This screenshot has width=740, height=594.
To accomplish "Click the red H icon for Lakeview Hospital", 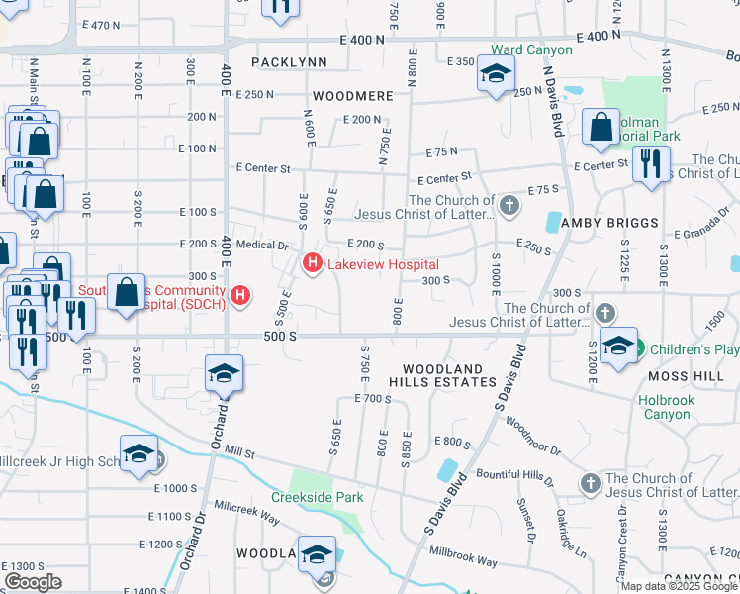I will click(x=312, y=264).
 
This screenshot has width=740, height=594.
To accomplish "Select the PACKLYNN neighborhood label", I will click(x=289, y=61).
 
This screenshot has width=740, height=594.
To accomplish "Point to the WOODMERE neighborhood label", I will click(x=346, y=97).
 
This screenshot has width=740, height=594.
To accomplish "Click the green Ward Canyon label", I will click(x=532, y=49).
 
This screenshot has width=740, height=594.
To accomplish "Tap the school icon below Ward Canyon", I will click(x=496, y=74).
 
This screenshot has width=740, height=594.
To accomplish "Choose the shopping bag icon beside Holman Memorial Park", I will click(x=601, y=127).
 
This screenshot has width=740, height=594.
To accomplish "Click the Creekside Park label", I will click(x=319, y=497).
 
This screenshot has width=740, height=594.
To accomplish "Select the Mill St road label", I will click(x=239, y=454).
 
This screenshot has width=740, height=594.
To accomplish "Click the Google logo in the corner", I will click(x=33, y=582).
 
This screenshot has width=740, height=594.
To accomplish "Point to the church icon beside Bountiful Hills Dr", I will click(x=590, y=482).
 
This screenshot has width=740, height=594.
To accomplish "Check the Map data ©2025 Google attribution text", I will click(x=679, y=586).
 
